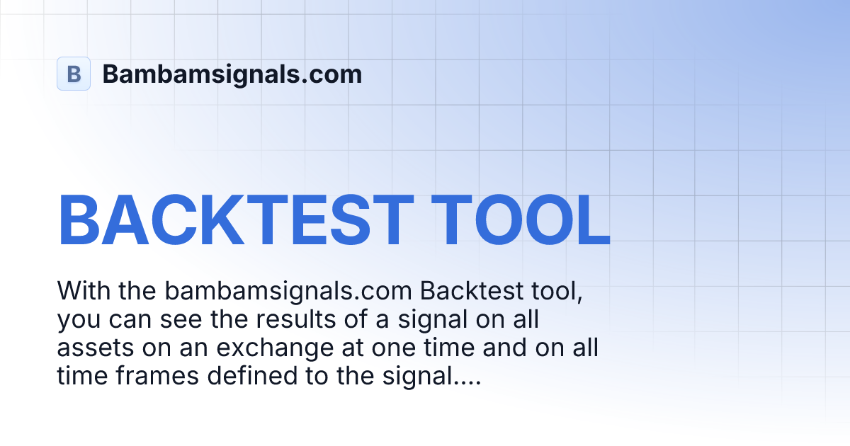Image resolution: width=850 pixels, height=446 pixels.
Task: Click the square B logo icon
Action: point(74,74)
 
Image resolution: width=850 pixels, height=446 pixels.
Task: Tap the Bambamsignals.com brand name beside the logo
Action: point(232,74)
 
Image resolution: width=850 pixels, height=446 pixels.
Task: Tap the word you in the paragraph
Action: point(79,319)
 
